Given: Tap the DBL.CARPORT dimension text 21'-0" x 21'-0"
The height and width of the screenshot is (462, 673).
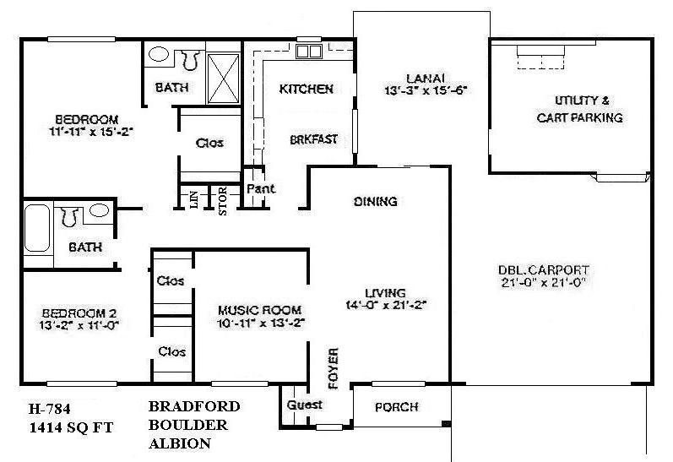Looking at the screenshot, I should [543, 285].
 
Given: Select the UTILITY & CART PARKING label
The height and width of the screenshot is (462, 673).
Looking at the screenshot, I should [579, 109].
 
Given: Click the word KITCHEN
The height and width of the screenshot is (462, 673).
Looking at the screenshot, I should [306, 89].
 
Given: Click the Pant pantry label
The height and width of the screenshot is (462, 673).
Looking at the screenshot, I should [261, 188].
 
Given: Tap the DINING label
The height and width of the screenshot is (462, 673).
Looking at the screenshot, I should [375, 202].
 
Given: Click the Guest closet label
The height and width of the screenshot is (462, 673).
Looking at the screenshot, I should [305, 405].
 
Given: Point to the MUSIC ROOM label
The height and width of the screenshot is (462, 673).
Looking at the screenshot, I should [259, 309].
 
